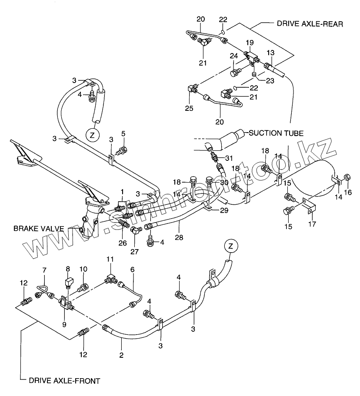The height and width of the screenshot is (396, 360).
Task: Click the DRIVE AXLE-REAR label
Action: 310,24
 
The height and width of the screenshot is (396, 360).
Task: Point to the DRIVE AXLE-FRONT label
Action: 64,381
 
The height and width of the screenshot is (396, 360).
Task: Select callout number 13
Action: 270,53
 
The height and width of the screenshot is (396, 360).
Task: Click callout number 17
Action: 312,224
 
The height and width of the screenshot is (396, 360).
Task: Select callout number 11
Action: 110,259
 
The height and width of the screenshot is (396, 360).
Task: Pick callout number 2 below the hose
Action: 121,355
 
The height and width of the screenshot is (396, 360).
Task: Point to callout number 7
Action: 43,270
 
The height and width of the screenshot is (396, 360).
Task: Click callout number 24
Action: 234,56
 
